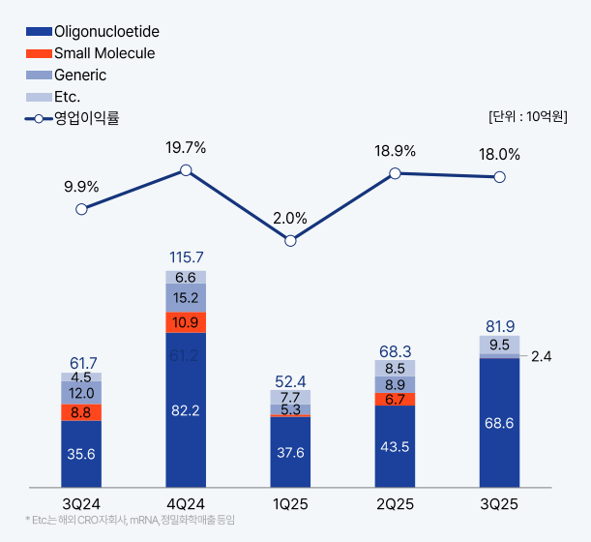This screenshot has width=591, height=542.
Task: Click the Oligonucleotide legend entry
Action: [93, 33]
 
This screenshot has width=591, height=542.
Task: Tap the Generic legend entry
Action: [67, 75]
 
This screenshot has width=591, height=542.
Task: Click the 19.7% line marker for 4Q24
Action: [186, 170]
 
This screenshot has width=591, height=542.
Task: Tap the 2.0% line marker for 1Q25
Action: [290, 240]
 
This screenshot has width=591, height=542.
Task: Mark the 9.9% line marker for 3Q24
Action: [81, 208]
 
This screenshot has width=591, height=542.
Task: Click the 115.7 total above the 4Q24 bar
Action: [186, 257]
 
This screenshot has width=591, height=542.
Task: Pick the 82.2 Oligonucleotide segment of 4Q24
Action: [186, 411]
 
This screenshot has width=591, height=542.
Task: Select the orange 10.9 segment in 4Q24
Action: [186, 322]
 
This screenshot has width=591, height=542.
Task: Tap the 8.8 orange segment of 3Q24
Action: [81, 412]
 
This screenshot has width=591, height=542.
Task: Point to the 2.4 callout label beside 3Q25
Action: [542, 356]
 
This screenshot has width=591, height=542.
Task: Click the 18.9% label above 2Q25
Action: [395, 151]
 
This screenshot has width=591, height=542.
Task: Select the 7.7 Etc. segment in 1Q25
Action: [290, 397]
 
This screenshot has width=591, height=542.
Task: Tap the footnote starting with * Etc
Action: [130, 521]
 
